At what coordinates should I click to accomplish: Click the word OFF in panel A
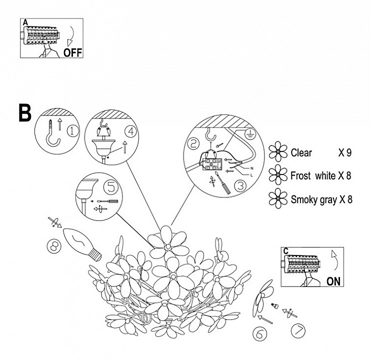[x=72, y=51]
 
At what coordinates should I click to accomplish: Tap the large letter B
[x=24, y=113]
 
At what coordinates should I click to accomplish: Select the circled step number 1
[x=73, y=131]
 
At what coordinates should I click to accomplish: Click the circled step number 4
[x=130, y=132]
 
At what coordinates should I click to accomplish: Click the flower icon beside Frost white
[x=276, y=175]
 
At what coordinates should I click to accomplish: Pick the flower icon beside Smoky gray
[x=276, y=198]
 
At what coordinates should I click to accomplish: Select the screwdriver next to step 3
[x=224, y=186]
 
